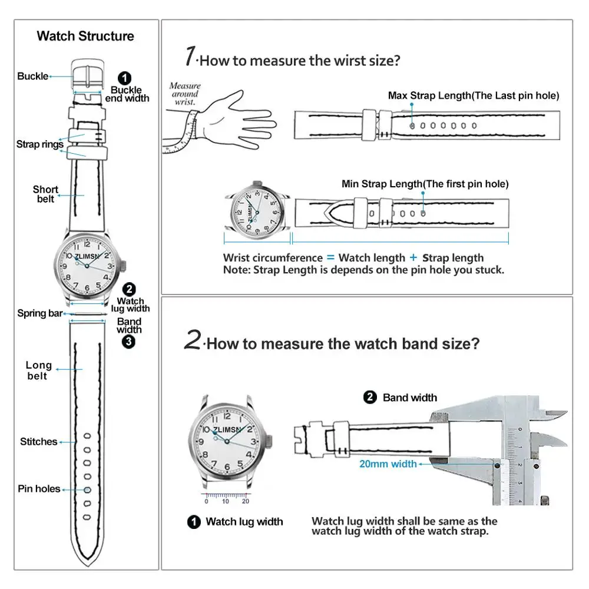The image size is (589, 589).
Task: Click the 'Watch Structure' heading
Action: click(x=85, y=36)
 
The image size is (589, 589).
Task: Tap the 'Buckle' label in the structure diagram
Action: click(x=32, y=76)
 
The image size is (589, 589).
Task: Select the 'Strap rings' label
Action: click(x=39, y=144)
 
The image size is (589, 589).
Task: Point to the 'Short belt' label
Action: click(x=45, y=194)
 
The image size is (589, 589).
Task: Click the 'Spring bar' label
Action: click(x=39, y=313)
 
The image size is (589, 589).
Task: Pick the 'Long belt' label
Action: click(x=38, y=370)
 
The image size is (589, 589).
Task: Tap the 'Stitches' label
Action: click(x=38, y=442)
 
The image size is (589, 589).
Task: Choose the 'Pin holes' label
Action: click(x=39, y=489)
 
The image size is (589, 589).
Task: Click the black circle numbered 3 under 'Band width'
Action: click(x=129, y=342)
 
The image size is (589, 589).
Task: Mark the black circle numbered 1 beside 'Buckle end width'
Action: click(x=125, y=78)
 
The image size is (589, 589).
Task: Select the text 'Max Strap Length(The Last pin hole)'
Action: click(x=474, y=95)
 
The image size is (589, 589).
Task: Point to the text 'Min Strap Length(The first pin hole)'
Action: click(x=425, y=184)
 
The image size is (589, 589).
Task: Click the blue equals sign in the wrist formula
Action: click(x=330, y=257)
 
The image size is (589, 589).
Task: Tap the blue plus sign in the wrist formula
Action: click(x=413, y=257)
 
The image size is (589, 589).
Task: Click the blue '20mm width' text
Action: click(x=388, y=464)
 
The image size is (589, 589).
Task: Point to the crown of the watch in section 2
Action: click(x=270, y=440)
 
